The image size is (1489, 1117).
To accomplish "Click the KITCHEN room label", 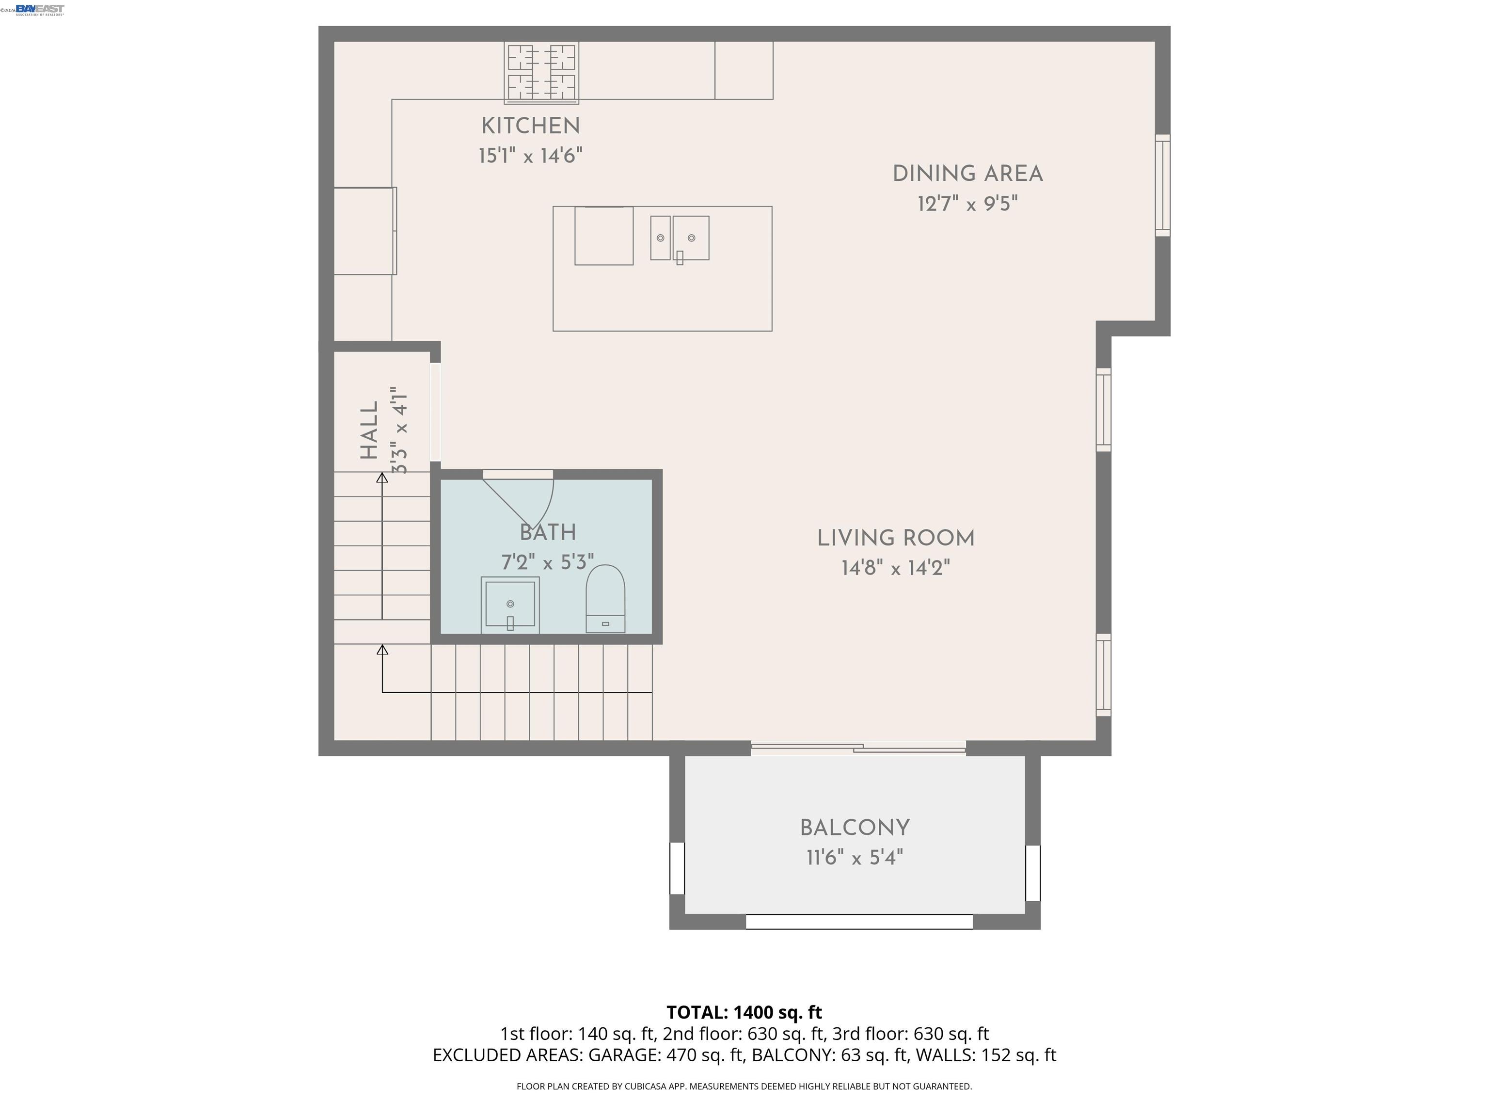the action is (530, 126).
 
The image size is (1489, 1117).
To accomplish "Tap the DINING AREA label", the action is (967, 174).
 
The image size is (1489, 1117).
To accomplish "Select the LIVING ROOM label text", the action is (895, 539).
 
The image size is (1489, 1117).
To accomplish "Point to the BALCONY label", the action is (855, 828).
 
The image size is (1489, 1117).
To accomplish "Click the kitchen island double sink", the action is (679, 239).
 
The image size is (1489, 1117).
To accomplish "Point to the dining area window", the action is (1162, 185).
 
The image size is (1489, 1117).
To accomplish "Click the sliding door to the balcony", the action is (858, 748).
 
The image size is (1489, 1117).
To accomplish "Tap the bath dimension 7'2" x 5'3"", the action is (547, 562).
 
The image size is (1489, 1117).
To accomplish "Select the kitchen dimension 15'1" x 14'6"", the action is (530, 156).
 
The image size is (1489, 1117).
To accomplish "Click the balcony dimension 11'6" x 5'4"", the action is (855, 858).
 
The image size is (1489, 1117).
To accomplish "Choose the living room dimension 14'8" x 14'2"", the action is (895, 568).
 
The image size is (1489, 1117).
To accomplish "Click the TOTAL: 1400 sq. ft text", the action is (744, 1012).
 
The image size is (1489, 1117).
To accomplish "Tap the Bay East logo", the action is (40, 9).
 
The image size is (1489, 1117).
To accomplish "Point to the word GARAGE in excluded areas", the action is (624, 1055).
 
